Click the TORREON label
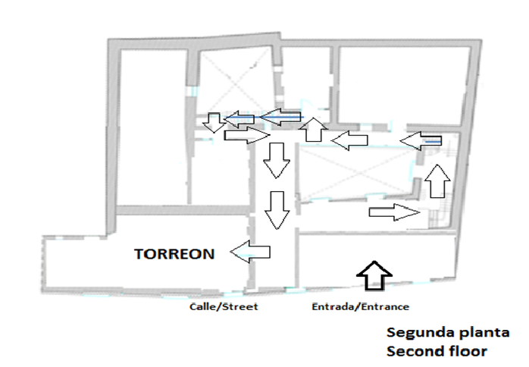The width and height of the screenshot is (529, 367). pos(174,254)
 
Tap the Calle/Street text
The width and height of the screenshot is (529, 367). pos(224,307)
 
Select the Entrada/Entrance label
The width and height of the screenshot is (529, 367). pos(361,307)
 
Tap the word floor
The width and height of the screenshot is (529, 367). pos(466,352)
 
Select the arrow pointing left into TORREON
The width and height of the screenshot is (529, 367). pos(251,251)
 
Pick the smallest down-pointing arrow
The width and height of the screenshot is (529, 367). pos(214,121)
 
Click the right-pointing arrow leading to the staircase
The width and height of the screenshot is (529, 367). pos(394,212)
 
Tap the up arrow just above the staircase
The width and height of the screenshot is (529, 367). pos(437,181)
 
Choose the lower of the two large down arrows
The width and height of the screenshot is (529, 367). pos(277,210)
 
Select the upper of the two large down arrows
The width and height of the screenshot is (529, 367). pos(275,160)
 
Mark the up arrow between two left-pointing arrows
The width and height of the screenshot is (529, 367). pos(314,130)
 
